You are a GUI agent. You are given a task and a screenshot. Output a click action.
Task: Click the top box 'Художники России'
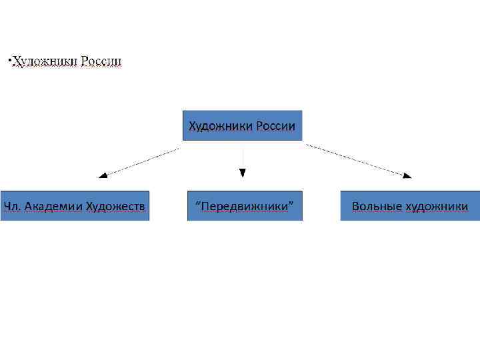pyautogui.click(x=242, y=125)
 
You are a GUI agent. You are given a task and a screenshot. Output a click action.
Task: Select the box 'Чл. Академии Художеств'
pyautogui.click(x=74, y=206)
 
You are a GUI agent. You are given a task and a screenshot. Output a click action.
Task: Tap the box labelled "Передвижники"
pyautogui.click(x=244, y=206)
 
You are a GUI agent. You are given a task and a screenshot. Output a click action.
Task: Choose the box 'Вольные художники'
pyautogui.click(x=409, y=206)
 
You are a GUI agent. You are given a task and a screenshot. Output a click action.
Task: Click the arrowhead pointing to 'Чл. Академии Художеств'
pyautogui.click(x=102, y=175)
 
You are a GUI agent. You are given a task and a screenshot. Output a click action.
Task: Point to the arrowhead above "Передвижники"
pyautogui.click(x=243, y=173)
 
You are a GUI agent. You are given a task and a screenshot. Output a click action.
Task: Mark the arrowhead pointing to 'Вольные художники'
pyautogui.click(x=407, y=175)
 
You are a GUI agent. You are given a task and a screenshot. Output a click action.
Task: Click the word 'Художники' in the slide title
pyautogui.click(x=45, y=62)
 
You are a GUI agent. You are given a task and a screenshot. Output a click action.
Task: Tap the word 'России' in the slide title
pyautogui.click(x=101, y=62)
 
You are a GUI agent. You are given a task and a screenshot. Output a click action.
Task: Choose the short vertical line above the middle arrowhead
pyautogui.click(x=243, y=157)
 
